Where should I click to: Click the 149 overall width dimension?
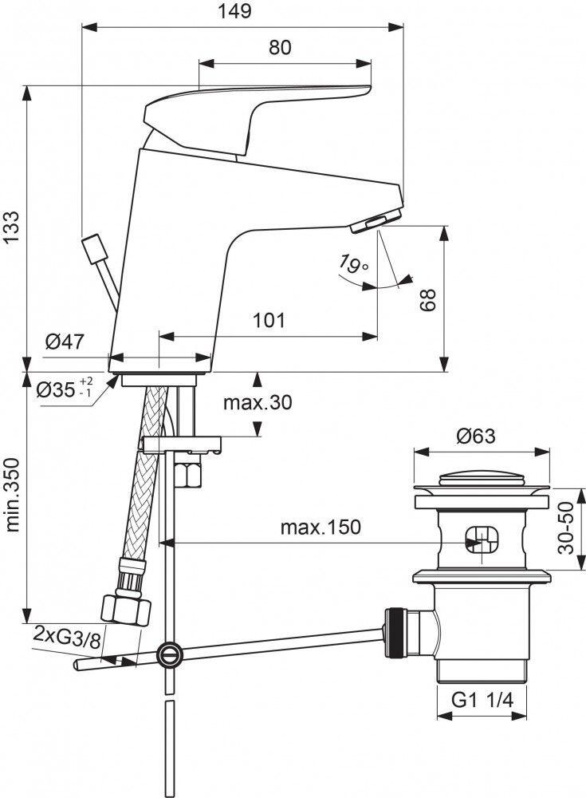pos(235,11)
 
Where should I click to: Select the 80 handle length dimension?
pos(279,47)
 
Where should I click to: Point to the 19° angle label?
pos(352,263)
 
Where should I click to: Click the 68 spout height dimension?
pos(428,299)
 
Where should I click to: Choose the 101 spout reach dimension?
pos(269,321)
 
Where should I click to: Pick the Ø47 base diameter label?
pos(65,342)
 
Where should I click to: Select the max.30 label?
pos(257,402)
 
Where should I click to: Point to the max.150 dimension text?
pos(321,527)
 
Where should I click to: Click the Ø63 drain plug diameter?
pos(476,436)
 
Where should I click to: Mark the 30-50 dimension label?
pos(568,529)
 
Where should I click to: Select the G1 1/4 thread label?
pos(482,700)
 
